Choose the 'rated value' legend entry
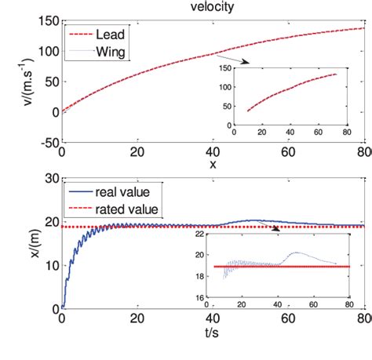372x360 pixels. click(x=128, y=209)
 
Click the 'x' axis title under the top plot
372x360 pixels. click(x=213, y=165)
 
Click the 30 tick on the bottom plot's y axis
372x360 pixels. click(x=49, y=180)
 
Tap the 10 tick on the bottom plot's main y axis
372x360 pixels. click(x=49, y=264)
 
